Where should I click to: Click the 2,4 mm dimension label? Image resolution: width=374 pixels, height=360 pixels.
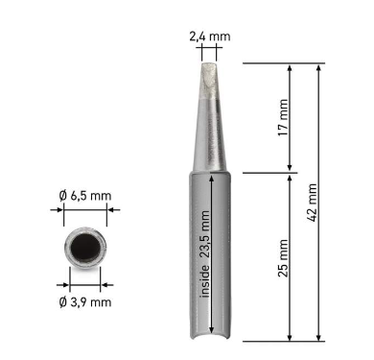[210, 36]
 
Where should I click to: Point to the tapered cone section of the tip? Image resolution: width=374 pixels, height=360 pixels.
[210, 139]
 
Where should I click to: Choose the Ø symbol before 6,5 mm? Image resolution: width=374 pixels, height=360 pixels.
[62, 196]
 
